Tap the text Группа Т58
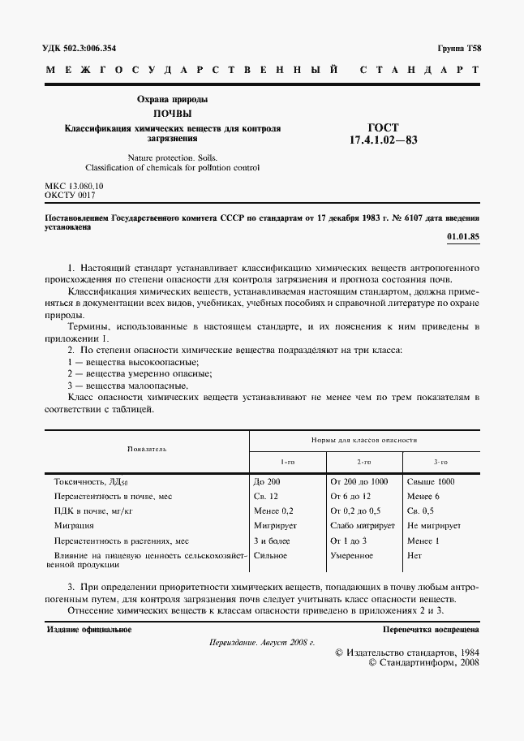tap(458, 49)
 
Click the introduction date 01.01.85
tap(463, 237)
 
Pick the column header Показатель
tap(147, 448)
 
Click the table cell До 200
tap(267, 481)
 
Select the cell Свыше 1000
tap(431, 481)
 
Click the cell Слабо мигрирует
tap(359, 525)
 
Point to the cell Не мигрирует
tap(434, 525)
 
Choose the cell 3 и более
tap(272, 540)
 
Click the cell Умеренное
tap(352, 555)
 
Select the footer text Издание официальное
tap(89, 629)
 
